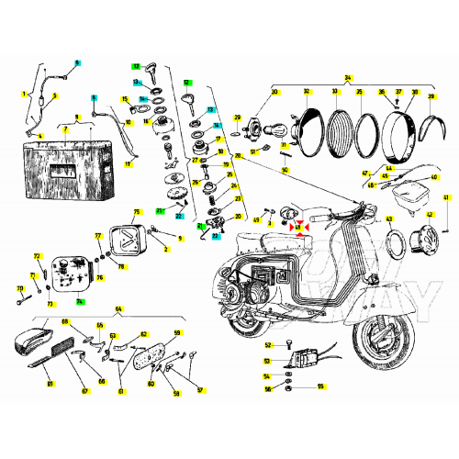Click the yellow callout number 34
coord(348,78)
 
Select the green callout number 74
coord(80,302)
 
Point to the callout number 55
coord(320,386)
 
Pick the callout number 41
coord(447,197)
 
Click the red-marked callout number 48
coord(296,226)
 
